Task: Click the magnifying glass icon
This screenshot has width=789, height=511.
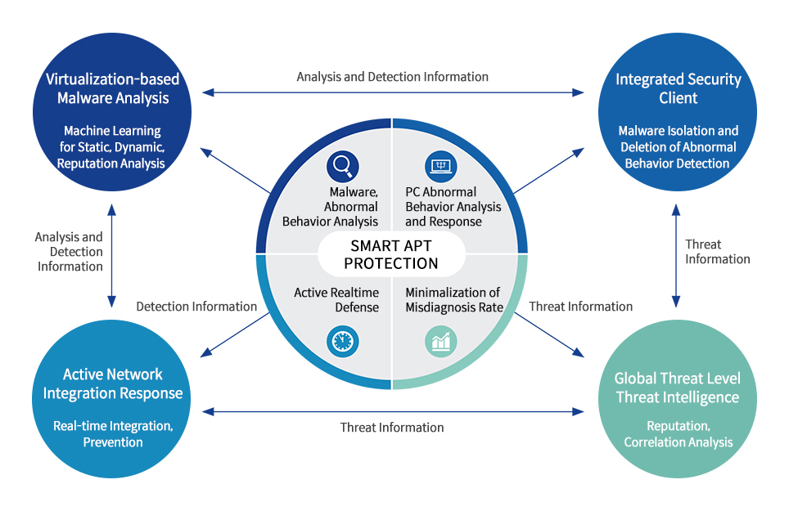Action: click(342, 167)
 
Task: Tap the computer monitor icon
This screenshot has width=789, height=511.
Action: click(441, 167)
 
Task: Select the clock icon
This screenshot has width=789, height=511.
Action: click(342, 341)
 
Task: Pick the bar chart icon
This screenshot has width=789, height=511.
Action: click(441, 341)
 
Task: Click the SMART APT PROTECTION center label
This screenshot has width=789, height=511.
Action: click(391, 254)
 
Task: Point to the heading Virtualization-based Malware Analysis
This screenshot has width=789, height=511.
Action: click(112, 89)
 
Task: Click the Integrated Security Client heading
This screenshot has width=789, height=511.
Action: click(678, 89)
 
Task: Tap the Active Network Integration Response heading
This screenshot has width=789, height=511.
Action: click(112, 384)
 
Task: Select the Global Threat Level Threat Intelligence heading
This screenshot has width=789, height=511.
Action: click(678, 388)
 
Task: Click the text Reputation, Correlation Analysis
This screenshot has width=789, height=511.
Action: click(678, 434)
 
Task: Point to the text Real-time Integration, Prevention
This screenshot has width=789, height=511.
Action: click(112, 434)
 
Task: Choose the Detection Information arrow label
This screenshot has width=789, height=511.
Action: click(196, 307)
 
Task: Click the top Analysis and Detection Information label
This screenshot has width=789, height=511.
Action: click(392, 77)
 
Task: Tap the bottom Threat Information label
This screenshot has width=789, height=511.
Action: click(392, 428)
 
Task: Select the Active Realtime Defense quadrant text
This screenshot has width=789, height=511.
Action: click(336, 300)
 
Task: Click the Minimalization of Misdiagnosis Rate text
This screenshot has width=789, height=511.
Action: click(453, 300)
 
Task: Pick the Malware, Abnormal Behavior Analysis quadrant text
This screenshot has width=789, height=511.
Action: click(331, 208)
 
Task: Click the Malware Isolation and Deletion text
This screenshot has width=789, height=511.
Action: click(678, 147)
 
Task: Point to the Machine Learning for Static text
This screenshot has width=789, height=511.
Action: click(112, 147)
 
